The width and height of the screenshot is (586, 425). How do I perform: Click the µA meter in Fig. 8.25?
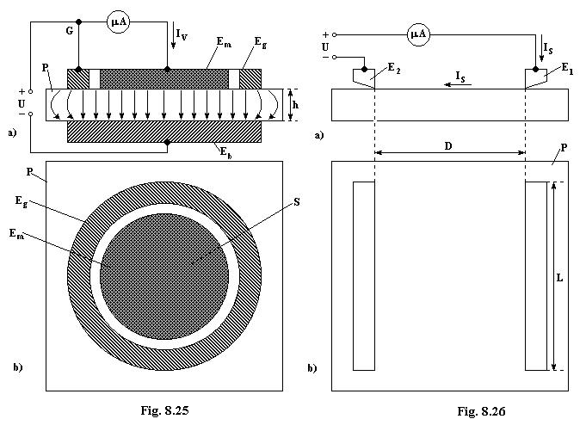coord(118,22)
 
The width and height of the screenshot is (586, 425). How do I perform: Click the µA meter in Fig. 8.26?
coord(418,34)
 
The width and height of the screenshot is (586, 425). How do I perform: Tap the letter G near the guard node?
coord(70,31)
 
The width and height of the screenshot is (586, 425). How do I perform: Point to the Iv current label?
coord(182,35)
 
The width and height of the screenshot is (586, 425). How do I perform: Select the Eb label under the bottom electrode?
coord(225,152)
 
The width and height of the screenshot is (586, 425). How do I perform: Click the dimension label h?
coord(295,105)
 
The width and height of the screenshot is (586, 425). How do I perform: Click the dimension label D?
coord(448,145)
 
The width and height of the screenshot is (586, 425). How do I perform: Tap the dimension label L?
coord(559,278)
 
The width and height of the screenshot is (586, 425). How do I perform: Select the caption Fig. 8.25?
coord(164,410)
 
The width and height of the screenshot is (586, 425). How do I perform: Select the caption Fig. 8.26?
coord(481,411)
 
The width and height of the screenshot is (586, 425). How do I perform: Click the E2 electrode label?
coord(394,68)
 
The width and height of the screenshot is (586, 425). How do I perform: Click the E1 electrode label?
coord(567,68)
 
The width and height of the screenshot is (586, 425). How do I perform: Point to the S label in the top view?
coord(297,202)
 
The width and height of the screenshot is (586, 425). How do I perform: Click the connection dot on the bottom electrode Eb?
coord(168,143)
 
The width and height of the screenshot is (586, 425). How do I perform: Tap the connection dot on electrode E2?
coord(364,70)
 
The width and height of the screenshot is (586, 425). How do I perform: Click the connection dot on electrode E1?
coord(535,70)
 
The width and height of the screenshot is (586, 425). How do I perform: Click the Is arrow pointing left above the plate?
coord(458,85)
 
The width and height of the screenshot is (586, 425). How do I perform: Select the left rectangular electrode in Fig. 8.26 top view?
coord(364,276)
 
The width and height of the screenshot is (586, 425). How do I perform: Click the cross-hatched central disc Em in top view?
coord(164,276)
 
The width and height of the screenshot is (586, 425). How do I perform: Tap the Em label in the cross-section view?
coord(224,42)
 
